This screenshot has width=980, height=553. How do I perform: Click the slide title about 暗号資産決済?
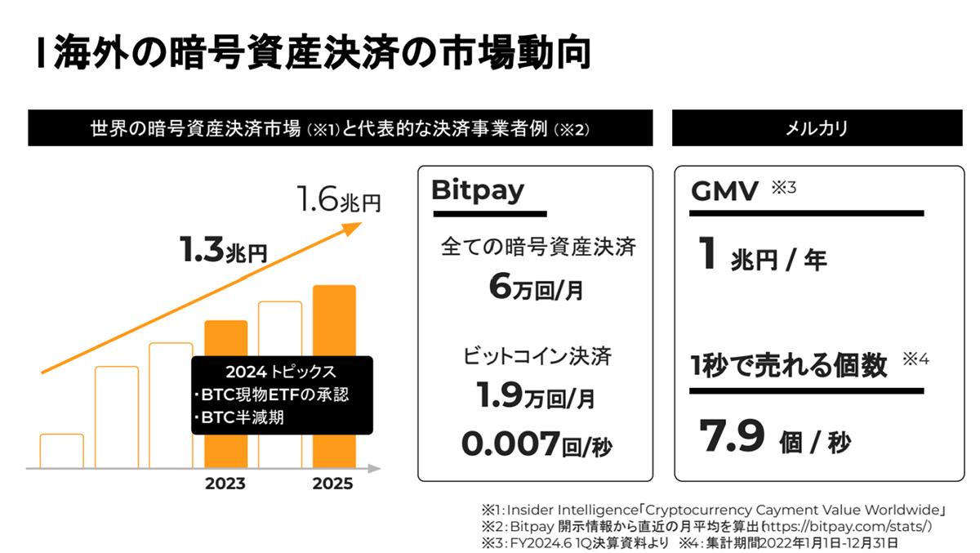(314, 56)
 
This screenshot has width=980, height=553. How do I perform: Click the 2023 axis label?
(225, 484)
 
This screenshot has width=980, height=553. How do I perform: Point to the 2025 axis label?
(333, 484)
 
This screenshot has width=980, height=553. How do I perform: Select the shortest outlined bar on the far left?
(61, 450)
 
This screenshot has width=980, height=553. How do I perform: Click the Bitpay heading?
(477, 190)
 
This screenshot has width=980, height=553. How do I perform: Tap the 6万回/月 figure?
(536, 288)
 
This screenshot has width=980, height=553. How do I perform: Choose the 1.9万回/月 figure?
(536, 397)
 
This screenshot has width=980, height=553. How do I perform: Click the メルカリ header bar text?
(819, 128)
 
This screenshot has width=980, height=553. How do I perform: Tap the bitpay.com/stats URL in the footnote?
(857, 527)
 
